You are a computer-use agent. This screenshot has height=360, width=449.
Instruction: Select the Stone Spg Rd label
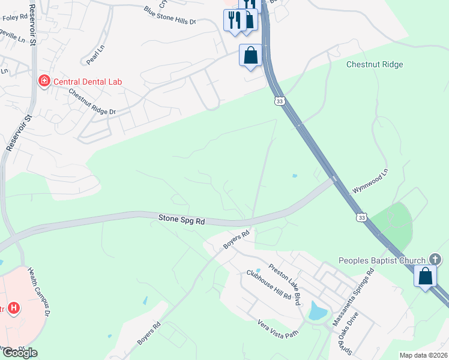pyautogui.click(x=182, y=220)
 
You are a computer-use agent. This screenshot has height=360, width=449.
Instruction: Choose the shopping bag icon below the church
pyautogui.click(x=426, y=277)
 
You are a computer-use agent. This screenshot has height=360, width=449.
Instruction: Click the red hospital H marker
pyautogui.click(x=14, y=309)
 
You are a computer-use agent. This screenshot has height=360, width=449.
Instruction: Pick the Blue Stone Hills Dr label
pyautogui.click(x=170, y=16)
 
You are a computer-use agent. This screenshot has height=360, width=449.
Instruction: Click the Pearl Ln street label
pyautogui.click(x=95, y=56)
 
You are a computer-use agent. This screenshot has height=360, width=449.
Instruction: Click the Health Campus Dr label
pyautogui.click(x=39, y=290)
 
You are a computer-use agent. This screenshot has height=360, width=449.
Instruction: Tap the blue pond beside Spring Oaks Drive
pyautogui.click(x=316, y=311)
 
